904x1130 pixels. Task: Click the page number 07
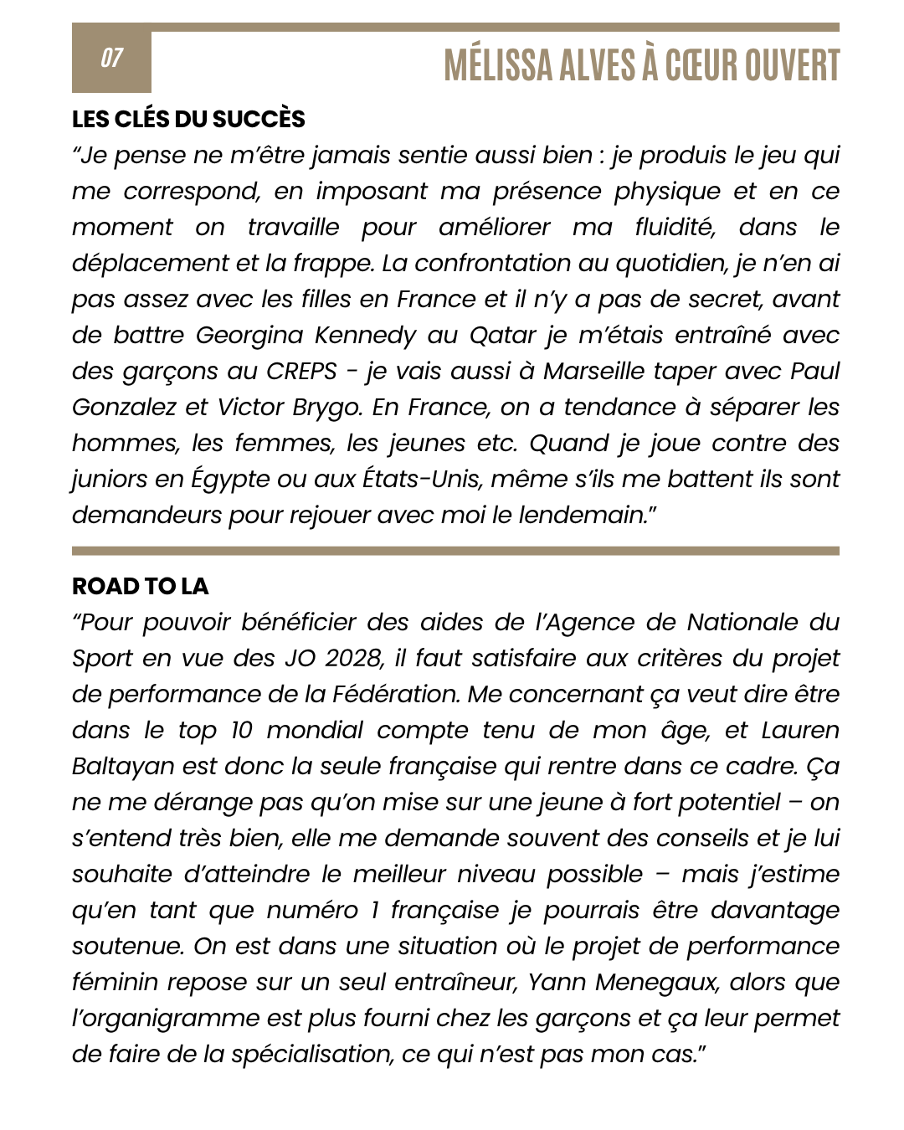pyautogui.click(x=111, y=58)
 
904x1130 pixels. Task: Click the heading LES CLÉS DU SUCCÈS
pyautogui.click(x=188, y=119)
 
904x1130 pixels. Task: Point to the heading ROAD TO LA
pyautogui.click(x=140, y=586)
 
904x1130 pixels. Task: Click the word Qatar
pyautogui.click(x=502, y=336)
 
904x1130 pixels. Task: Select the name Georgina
pyautogui.click(x=249, y=336)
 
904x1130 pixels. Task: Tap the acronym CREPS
pyautogui.click(x=301, y=372)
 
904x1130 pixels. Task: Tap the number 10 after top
pyautogui.click(x=242, y=731)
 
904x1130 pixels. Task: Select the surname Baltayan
pyautogui.click(x=123, y=767)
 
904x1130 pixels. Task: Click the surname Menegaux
pyautogui.click(x=648, y=983)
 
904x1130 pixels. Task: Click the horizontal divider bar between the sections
pyautogui.click(x=455, y=551)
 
